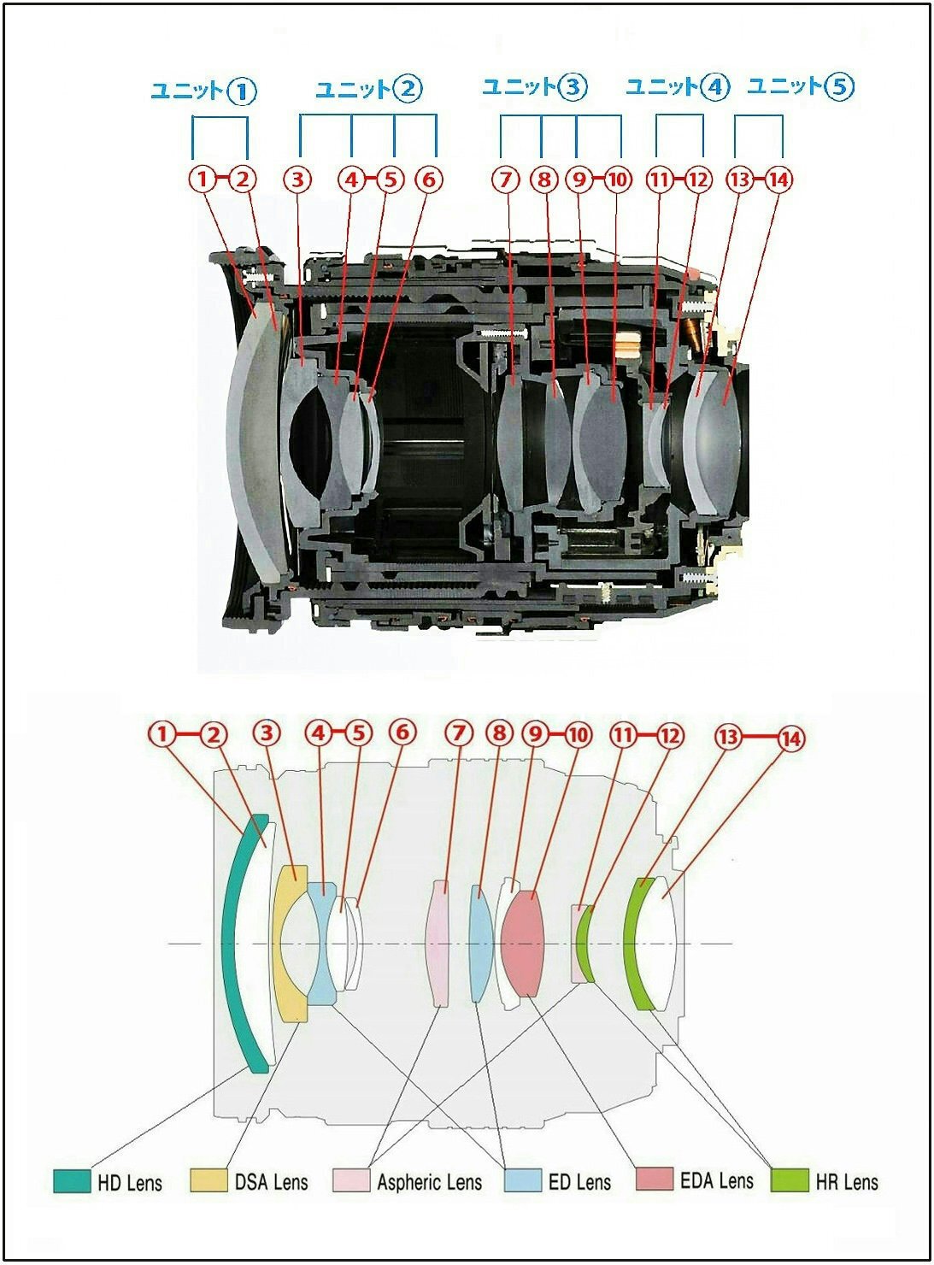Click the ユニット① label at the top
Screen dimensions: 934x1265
coord(203,91)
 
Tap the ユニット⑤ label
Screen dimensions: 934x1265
coord(801,86)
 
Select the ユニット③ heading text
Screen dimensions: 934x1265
coord(535,86)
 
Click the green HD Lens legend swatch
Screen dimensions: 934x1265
coord(72,1180)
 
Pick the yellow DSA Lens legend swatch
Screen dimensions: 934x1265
coord(209,1180)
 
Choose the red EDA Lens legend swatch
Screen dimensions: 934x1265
coord(655,1180)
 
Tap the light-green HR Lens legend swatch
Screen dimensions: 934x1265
coord(789,1180)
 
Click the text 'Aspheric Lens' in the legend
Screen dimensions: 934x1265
coord(429,1182)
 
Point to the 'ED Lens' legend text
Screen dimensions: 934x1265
coord(579,1182)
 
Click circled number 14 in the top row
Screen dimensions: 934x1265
coord(778,179)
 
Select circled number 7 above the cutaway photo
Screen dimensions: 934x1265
coord(505,179)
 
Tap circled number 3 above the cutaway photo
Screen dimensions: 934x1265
coord(297,179)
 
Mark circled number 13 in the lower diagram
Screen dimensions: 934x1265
coord(728,734)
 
